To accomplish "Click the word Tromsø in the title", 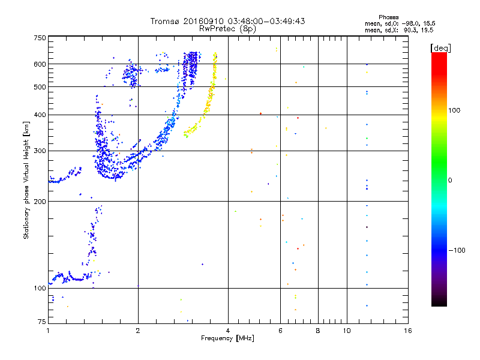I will click(x=164, y=21).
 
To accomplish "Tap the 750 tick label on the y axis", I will click(x=38, y=38).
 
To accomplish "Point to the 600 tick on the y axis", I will click(x=38, y=64).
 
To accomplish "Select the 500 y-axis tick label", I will click(x=38, y=87).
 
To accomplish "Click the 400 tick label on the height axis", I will click(x=38, y=115).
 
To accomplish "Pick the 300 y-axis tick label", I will click(x=38, y=151).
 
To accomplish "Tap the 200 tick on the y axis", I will click(x=38, y=201).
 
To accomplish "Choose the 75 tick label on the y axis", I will click(x=41, y=322).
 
